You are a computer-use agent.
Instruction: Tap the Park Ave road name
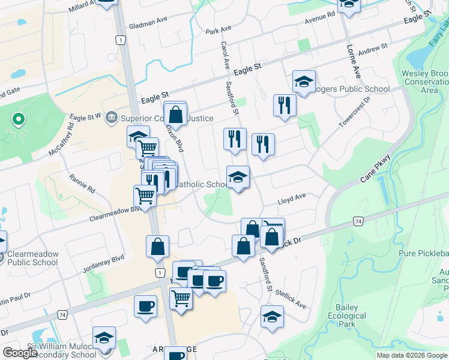click(x=218, y=29)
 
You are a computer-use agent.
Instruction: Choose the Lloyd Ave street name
click(x=292, y=196)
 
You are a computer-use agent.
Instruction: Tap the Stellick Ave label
click(x=291, y=294)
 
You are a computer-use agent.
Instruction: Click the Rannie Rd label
click(x=82, y=183)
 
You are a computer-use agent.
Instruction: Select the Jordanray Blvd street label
click(x=104, y=262)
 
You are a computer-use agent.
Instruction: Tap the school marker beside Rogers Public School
click(x=304, y=82)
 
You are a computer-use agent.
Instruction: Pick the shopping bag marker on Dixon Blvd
click(x=175, y=113)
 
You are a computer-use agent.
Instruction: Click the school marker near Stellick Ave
click(x=272, y=316)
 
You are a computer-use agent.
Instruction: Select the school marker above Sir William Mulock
click(x=104, y=337)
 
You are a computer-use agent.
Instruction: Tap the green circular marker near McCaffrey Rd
click(x=18, y=119)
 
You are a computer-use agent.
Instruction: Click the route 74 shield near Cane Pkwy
click(x=358, y=221)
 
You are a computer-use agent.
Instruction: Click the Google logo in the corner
click(x=20, y=353)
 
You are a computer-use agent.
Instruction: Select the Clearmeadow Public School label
click(x=33, y=258)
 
